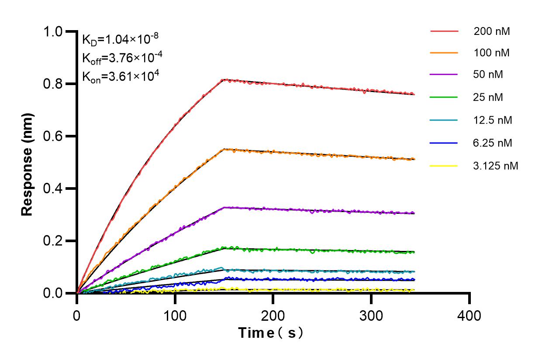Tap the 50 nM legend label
488,74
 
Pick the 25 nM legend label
488,97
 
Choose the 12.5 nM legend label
493,120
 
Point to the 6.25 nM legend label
493,143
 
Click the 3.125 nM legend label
496,166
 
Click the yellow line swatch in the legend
444,166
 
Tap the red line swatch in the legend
444,31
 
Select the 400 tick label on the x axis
470,315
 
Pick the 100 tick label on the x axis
175,315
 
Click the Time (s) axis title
271,333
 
